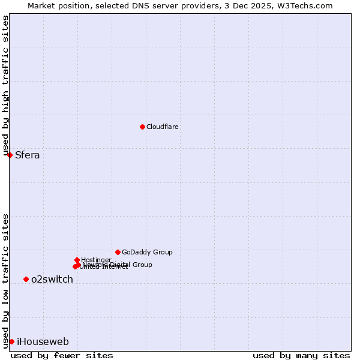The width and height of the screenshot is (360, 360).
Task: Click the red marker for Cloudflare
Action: click(x=142, y=127)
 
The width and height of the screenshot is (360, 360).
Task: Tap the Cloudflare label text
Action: click(x=162, y=127)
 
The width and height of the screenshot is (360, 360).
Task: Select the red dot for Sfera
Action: click(x=10, y=155)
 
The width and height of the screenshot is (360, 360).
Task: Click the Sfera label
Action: click(x=28, y=155)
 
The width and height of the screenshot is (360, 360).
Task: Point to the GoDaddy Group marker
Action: click(x=118, y=252)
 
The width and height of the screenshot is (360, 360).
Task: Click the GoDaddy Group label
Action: click(x=147, y=252)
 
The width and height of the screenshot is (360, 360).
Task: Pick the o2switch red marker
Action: click(x=26, y=279)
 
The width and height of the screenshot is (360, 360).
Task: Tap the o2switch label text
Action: click(x=52, y=280)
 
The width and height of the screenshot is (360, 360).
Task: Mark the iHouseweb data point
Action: click(x=11, y=341)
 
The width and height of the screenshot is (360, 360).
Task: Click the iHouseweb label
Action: click(x=43, y=342)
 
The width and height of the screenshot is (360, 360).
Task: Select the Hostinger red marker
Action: click(x=77, y=260)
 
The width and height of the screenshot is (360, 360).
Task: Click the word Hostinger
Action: click(x=96, y=260)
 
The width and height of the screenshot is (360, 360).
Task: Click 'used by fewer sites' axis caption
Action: click(x=62, y=355)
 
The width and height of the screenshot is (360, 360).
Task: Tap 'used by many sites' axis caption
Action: click(x=301, y=355)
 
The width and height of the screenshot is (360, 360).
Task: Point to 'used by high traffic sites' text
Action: click(x=6, y=86)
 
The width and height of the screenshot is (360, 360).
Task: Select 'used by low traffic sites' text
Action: click(x=6, y=281)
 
